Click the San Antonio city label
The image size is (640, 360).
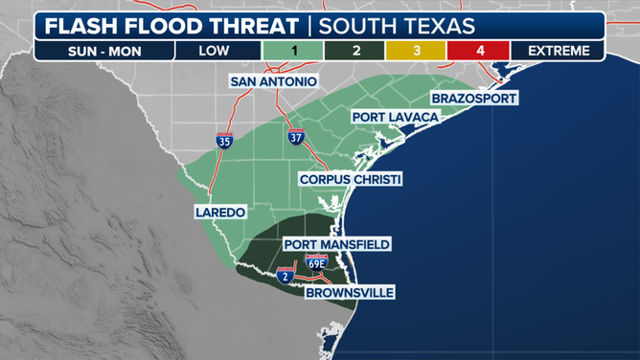pos(274,82)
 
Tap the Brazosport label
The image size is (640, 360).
pos(474,99)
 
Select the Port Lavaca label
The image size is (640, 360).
pos(395,117)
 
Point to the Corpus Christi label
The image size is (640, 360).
pos(350,179)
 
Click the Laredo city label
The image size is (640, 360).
pos(220,212)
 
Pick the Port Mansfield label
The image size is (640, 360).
pos(337,244)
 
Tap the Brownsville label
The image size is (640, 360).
pos(350,292)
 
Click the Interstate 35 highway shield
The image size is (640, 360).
pos(225,141)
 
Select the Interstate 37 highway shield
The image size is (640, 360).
pos(296,136)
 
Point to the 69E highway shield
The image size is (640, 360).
pos(316,260)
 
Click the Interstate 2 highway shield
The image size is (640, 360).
pos(286,276)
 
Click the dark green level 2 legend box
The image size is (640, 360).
pos(355,51)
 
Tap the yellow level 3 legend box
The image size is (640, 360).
pos(417,51)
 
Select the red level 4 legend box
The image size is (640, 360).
pos(479,51)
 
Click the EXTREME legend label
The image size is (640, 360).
pos(557,51)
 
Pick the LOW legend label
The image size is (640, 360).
pos(214,51)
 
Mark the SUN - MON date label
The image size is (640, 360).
pos(103,51)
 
